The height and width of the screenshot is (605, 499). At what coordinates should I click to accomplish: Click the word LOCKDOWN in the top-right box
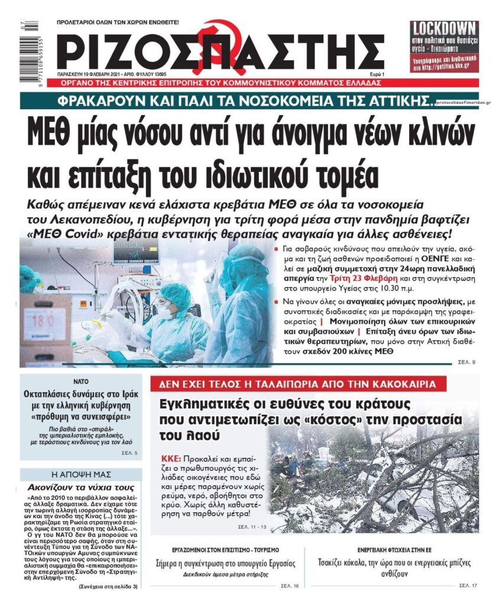444,28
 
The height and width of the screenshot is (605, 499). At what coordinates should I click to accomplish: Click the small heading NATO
81,381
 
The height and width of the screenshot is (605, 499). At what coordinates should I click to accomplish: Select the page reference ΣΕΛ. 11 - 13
252,525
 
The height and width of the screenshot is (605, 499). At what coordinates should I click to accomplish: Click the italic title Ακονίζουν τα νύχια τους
81,488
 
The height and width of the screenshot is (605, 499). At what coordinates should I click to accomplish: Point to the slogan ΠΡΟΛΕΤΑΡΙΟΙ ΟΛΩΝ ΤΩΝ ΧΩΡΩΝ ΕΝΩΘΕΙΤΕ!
117,21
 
